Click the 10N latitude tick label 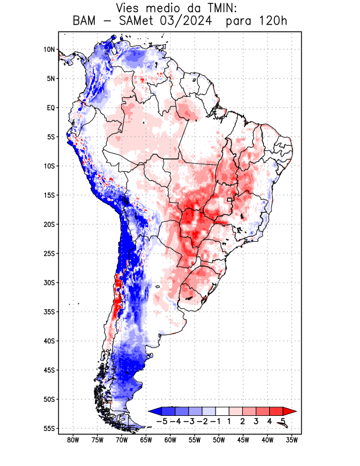[x=49, y=50]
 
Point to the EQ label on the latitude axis [x=51, y=108]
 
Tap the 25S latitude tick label [x=48, y=253]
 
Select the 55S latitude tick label [x=48, y=429]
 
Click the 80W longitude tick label [x=73, y=440]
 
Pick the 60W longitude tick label [x=170, y=440]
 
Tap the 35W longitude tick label [x=292, y=440]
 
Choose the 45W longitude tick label [x=243, y=440]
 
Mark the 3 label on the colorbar [x=256, y=421]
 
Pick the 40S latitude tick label [x=48, y=341]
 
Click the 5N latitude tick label [x=51, y=79]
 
